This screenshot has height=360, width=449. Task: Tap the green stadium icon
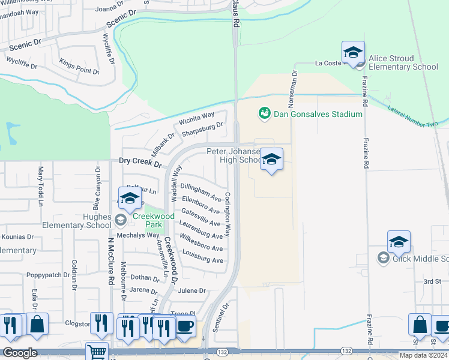click(x=264, y=113)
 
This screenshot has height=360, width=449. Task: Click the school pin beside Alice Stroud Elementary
click(x=354, y=53)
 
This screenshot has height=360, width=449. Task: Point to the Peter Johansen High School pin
click(x=272, y=160)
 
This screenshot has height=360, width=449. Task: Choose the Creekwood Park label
click(x=154, y=216)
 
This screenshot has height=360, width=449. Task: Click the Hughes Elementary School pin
click(x=130, y=199)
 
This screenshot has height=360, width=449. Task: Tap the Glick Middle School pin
click(x=399, y=242)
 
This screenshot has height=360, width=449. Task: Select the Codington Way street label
click(x=228, y=214)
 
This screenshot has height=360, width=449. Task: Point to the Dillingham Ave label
click(x=201, y=192)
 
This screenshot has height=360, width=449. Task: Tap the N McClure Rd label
click(x=111, y=260)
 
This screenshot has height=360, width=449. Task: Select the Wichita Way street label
click(x=196, y=118)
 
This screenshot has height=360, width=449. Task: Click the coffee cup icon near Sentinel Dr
click(x=185, y=326)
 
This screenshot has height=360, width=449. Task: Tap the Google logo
click(x=19, y=353)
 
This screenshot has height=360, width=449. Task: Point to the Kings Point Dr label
click(x=79, y=67)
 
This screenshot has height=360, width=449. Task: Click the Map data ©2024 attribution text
click(x=423, y=355)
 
